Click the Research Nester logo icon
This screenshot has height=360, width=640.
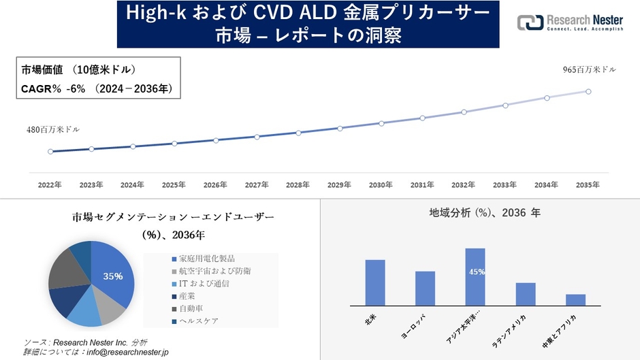tap(530, 22)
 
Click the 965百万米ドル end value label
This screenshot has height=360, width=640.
tap(590, 70)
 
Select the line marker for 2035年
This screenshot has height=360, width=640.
tap(588, 91)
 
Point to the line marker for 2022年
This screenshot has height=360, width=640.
tap(50, 151)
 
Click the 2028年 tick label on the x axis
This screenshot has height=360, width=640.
tap(298, 184)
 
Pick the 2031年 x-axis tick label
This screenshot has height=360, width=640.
tap(422, 184)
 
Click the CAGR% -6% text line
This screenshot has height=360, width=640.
tap(95, 88)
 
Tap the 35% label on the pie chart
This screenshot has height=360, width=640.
tap(113, 276)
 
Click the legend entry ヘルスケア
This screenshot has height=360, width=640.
tap(198, 321)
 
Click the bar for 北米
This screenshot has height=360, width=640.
tap(375, 282)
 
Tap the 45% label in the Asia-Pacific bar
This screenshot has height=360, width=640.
tap(476, 272)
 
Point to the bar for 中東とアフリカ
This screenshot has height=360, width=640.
tap(575, 299)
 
